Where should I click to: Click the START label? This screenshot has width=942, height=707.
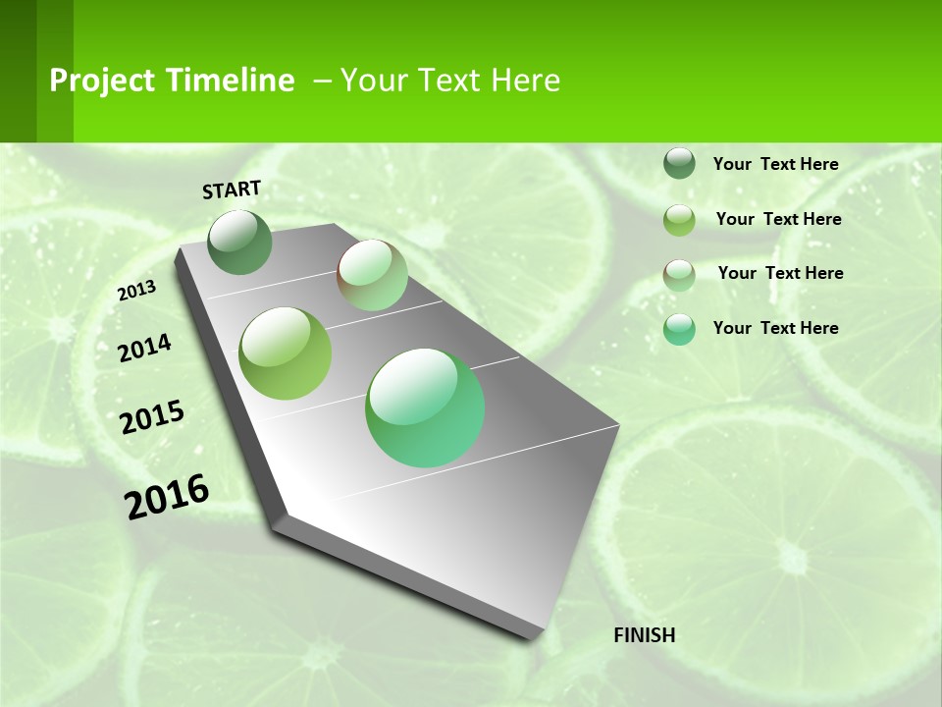[232, 190]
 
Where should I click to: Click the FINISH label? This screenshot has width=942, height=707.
[644, 635]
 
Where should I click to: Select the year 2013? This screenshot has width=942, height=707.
[136, 291]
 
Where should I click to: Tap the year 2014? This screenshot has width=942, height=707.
[145, 348]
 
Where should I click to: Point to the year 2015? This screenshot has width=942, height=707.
[152, 416]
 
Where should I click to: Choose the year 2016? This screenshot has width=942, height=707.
[167, 496]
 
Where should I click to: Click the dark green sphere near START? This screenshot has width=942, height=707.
[240, 243]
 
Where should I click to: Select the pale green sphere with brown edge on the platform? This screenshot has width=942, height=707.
[372, 275]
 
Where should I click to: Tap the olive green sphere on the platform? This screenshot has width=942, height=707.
[286, 353]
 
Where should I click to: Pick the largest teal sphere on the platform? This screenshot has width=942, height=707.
[425, 408]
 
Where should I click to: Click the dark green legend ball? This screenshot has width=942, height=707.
[679, 164]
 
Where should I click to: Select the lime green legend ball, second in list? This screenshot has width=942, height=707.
[679, 220]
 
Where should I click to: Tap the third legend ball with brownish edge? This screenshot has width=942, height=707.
[679, 275]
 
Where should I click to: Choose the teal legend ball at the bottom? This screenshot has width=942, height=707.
[679, 329]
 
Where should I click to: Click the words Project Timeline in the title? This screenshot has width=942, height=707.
[172, 81]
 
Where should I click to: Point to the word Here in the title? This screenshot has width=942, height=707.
[525, 81]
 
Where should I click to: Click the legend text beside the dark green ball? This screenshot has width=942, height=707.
[775, 164]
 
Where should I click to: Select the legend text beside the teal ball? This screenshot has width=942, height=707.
[775, 328]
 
